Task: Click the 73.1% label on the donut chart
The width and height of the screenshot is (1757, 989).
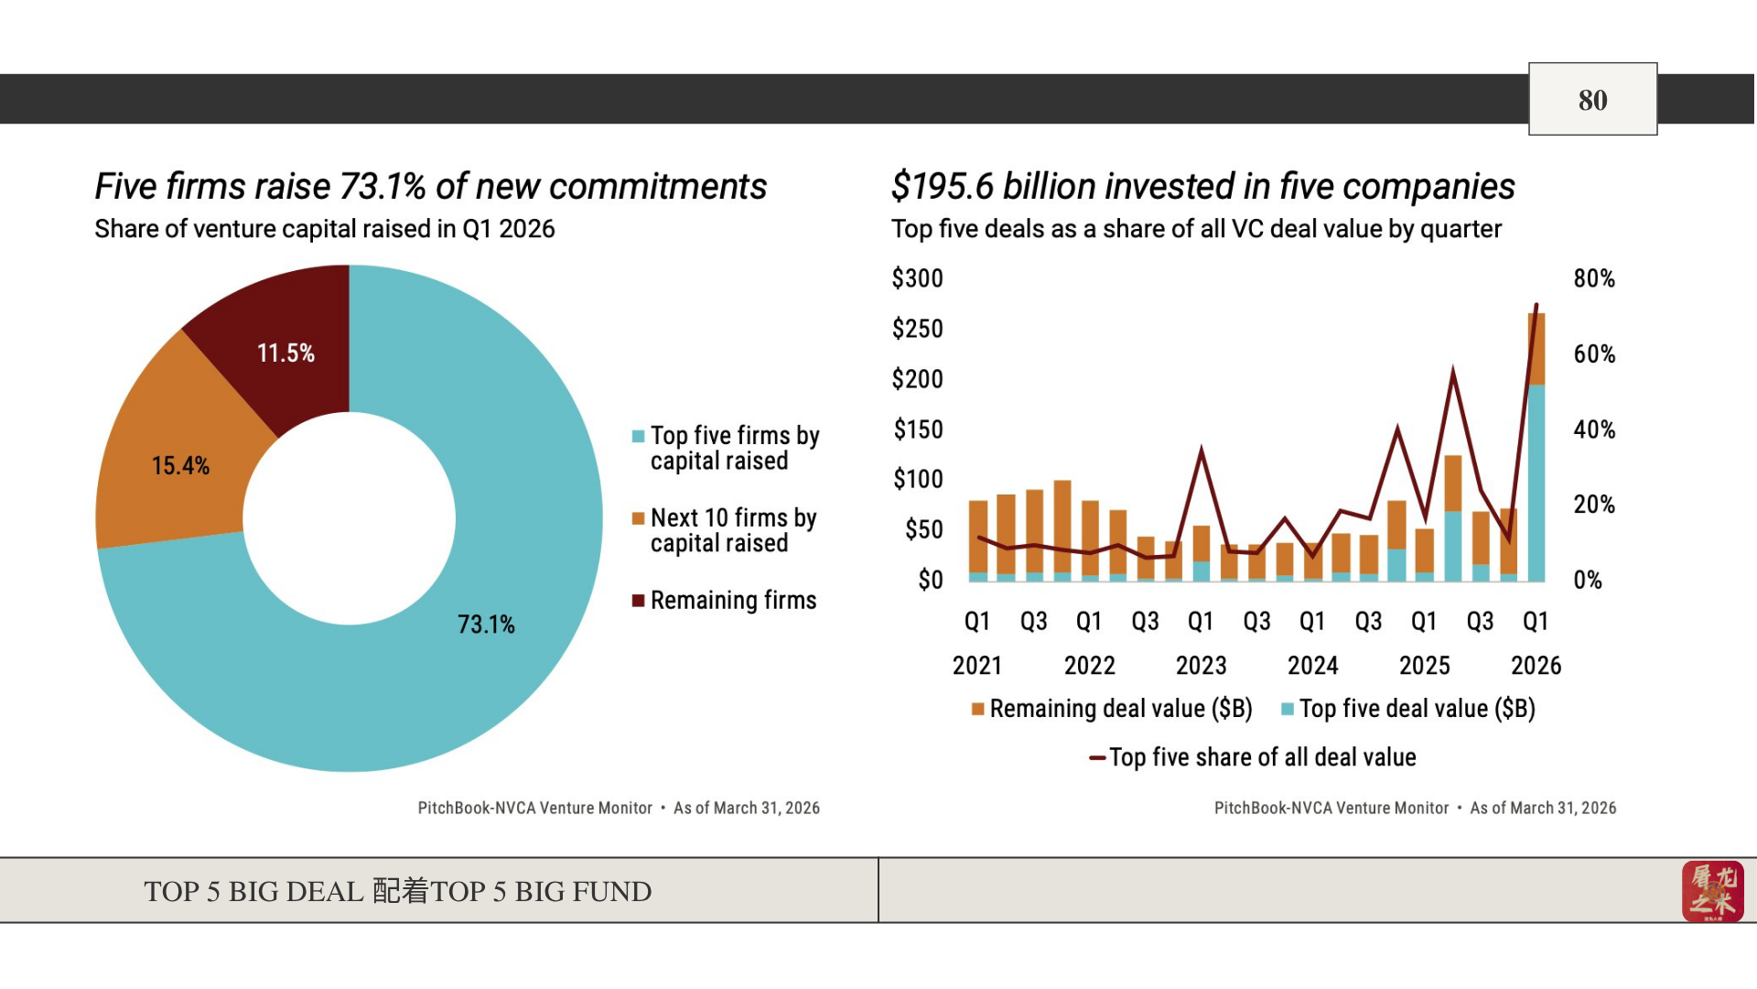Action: [486, 625]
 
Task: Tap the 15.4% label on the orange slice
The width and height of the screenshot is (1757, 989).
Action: [180, 466]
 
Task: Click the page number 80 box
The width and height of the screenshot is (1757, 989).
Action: [1592, 100]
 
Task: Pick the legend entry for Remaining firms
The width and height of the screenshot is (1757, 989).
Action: [733, 601]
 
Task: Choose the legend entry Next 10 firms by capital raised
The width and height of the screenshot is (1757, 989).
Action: [733, 530]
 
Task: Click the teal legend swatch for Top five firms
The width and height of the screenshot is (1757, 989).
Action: [639, 437]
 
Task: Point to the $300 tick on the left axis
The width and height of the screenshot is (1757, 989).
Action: [917, 278]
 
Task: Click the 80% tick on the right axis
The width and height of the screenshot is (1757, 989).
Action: [1594, 278]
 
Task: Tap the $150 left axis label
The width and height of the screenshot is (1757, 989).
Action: [918, 429]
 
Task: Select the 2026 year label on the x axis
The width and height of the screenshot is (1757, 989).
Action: [1536, 666]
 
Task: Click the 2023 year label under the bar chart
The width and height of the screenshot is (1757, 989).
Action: [1201, 666]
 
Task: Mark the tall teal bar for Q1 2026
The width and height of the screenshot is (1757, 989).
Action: [1536, 485]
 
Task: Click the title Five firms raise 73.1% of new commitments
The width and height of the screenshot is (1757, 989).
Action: [430, 187]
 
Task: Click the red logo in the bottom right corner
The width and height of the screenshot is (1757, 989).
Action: [1712, 891]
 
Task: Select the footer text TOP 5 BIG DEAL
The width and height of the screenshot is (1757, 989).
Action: [253, 891]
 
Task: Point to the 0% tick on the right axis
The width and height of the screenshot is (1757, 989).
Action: [1588, 580]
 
